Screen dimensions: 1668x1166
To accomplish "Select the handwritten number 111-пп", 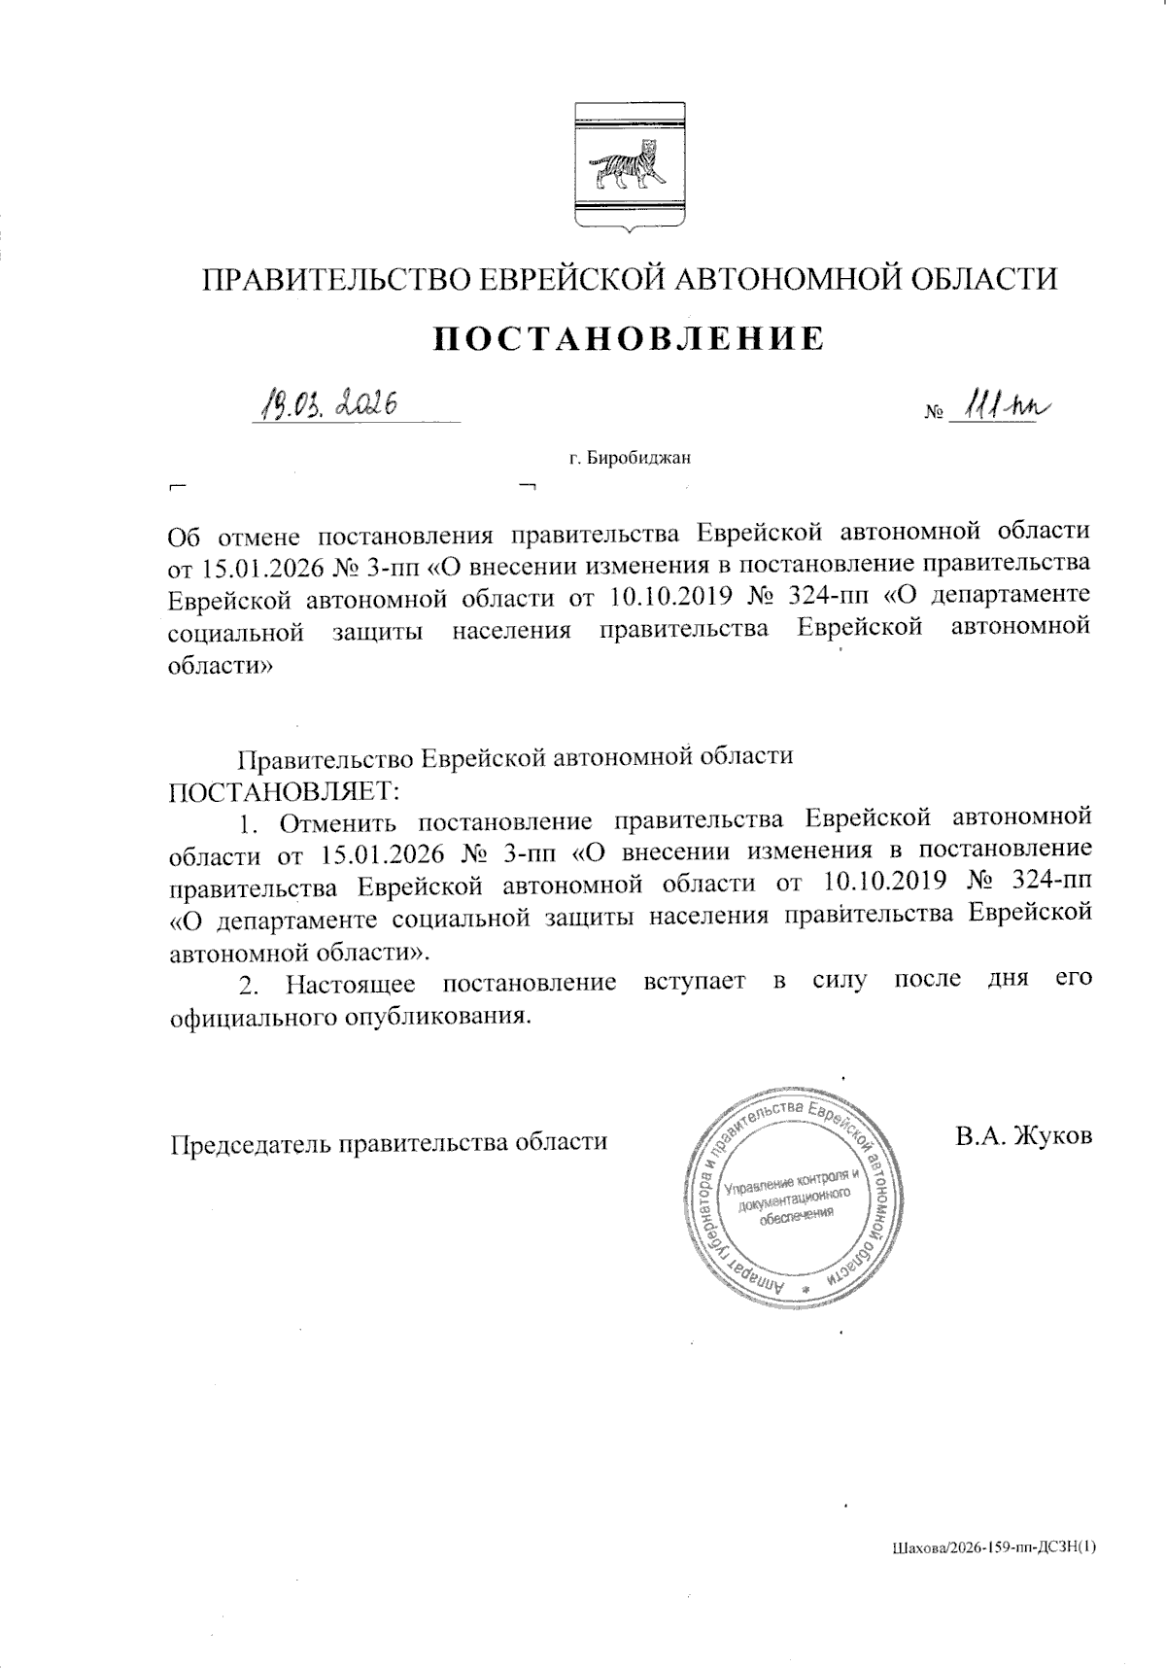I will [x=1001, y=404].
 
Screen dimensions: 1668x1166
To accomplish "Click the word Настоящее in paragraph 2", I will [x=351, y=983].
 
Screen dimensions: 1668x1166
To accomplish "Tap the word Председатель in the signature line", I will [x=250, y=1142].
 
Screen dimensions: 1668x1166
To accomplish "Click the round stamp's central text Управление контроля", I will [x=792, y=1183].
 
